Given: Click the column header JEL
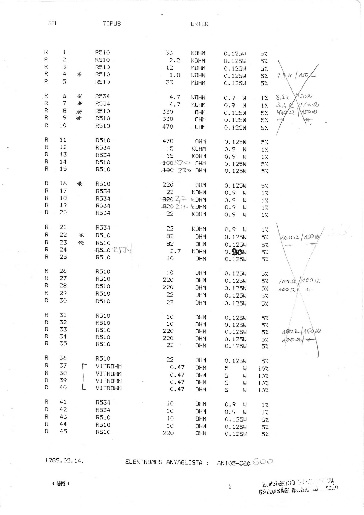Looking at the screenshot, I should (53, 23).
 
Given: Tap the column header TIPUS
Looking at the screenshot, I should (111, 23).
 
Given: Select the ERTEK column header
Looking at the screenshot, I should (199, 24).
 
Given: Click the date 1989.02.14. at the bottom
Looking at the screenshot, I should (65, 461).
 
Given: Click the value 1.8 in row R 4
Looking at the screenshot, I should (175, 75).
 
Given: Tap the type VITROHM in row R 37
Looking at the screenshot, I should (109, 366).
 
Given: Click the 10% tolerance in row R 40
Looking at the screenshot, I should (263, 390).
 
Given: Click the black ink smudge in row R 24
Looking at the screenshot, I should (237, 252).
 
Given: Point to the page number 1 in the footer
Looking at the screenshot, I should (230, 487).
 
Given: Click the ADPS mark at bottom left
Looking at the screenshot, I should (60, 484).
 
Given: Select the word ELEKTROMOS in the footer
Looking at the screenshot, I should (144, 462).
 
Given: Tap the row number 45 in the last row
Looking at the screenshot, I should (63, 431).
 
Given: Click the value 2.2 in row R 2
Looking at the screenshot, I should (175, 60).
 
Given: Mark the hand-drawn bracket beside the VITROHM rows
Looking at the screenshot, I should (84, 377).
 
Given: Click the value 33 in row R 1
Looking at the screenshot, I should (169, 53).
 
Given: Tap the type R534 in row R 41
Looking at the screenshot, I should (103, 403).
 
